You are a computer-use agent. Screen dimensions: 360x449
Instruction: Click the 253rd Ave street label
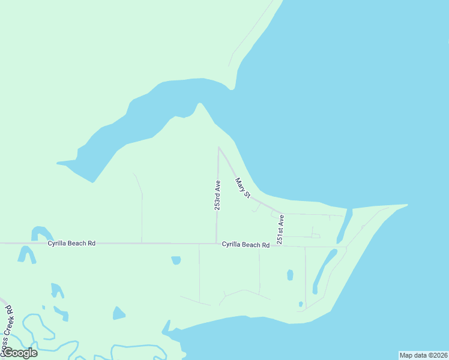[x=217, y=195]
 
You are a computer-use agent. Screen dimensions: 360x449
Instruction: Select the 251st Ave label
[x=280, y=229]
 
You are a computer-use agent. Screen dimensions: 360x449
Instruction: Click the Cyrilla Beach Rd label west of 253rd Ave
[x=72, y=244]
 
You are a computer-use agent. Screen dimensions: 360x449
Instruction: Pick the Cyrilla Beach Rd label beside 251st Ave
[x=246, y=244]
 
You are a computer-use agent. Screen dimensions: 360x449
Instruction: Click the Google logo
[x=19, y=353]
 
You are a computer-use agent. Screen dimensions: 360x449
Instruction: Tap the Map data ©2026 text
[x=423, y=355]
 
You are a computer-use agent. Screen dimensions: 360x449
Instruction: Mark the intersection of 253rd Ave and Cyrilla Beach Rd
[x=216, y=243]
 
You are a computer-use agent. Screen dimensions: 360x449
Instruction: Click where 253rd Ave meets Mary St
[x=218, y=147]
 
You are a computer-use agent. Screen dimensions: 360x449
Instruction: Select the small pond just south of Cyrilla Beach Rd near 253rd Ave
[x=176, y=260]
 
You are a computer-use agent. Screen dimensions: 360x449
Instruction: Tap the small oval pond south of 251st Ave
[x=291, y=275]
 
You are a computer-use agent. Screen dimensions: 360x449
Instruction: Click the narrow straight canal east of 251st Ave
[x=343, y=227]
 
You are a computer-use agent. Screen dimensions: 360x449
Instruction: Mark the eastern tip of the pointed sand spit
[x=407, y=205]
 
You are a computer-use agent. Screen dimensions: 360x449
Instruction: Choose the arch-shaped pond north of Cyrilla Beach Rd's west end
[x=41, y=232]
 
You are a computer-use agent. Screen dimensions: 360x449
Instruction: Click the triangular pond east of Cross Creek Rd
[x=118, y=313]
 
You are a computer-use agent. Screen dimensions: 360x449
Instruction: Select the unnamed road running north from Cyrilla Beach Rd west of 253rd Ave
[x=142, y=210]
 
